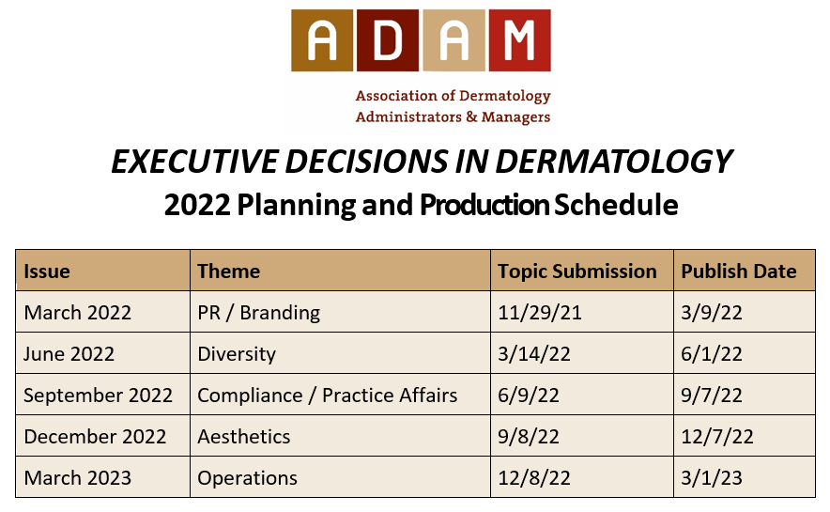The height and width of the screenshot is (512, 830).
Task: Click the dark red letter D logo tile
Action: pos(388,40)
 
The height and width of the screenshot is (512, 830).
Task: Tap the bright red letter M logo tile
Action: pos(520,40)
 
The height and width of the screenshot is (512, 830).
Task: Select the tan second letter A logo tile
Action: pos(453,40)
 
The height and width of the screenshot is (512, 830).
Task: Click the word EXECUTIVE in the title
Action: pos(194,162)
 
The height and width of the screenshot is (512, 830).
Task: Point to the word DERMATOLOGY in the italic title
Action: pos(614,162)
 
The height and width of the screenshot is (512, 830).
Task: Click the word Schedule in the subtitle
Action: pos(616,205)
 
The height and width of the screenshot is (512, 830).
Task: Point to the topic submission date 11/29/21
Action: pos(540,313)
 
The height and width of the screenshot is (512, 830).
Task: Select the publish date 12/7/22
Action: pos(717,437)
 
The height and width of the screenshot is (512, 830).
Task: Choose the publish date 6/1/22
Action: pos(712,354)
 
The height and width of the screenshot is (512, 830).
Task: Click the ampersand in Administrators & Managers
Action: pos(471,116)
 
